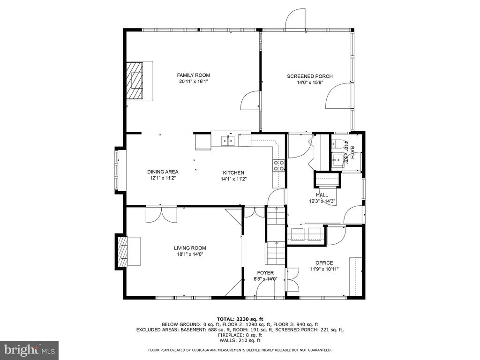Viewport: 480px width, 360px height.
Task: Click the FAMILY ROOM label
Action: [194, 75]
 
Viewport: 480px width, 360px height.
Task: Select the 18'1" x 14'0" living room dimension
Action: [190, 254]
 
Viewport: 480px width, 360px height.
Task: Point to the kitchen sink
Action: [228, 141]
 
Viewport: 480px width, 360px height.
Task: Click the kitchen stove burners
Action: [278, 165]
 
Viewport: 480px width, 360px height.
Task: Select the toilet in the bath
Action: [337, 143]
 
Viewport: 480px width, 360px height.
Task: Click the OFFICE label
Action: [324, 262]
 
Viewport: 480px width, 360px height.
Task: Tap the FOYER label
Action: [265, 273]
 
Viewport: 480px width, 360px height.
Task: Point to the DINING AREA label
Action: [163, 172]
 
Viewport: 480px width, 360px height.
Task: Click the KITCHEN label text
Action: [233, 172]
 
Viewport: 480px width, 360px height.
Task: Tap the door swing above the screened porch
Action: [295, 18]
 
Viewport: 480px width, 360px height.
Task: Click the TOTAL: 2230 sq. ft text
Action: [240, 319]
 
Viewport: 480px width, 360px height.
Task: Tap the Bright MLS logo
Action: [29, 350]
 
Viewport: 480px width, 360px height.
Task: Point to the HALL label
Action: [322, 195]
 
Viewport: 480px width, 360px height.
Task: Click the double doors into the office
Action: [293, 280]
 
